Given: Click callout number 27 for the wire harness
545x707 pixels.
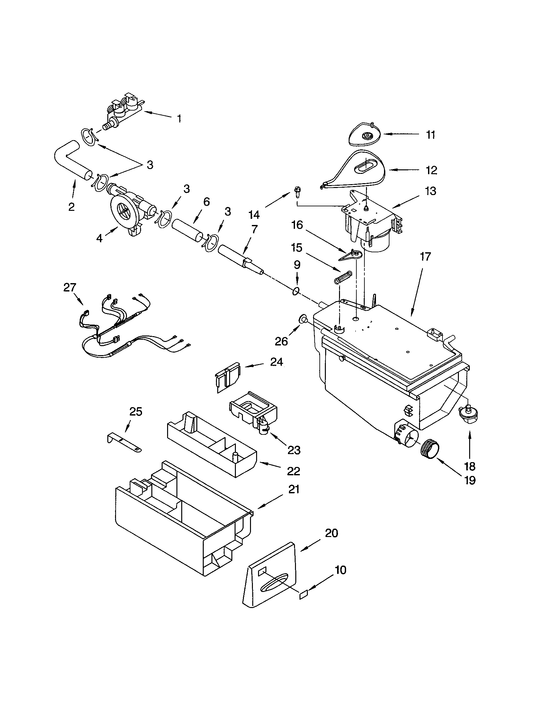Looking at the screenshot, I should (x=70, y=288).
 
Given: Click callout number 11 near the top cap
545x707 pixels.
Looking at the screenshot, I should (x=430, y=135).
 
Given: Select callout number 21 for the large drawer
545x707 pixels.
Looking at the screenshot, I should (x=293, y=490).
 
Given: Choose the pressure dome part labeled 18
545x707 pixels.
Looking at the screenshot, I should (x=468, y=415).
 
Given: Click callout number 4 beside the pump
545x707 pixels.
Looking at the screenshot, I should (x=99, y=238).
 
